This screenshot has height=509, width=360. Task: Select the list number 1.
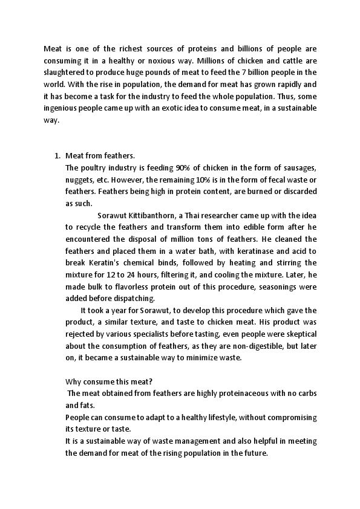pos(57,155)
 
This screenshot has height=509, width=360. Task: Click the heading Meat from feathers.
pos(99,155)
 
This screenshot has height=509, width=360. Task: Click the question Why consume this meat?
pos(109,381)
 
